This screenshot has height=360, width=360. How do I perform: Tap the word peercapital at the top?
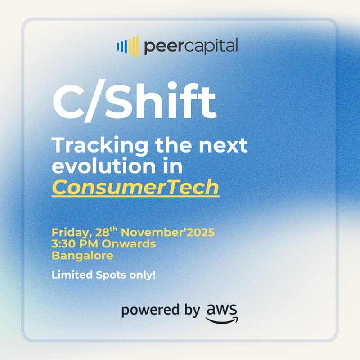191,46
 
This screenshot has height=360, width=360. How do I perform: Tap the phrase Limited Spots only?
103,274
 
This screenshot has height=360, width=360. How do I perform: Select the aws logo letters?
222,309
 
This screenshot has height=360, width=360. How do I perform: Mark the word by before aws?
189,311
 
